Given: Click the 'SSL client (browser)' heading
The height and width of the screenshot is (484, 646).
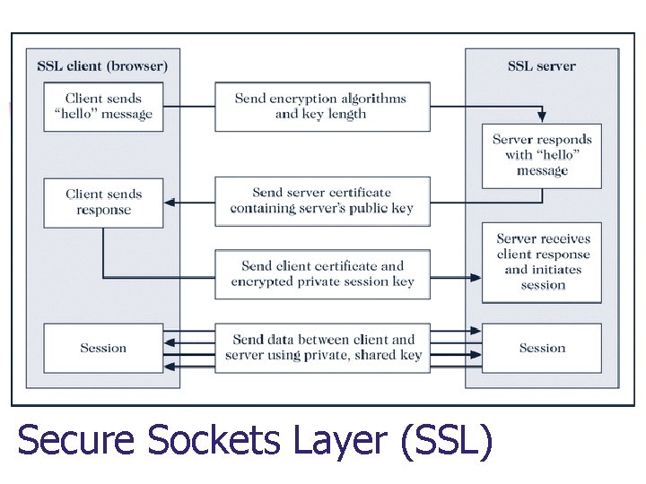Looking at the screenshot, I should (x=102, y=65).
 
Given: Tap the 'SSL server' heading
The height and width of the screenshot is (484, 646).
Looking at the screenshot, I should (x=541, y=65).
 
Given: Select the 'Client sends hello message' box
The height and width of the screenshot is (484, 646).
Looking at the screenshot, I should (x=103, y=107).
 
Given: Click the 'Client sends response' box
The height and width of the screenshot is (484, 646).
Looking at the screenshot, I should (x=103, y=202).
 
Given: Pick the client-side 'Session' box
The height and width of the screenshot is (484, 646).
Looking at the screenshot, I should (x=103, y=348).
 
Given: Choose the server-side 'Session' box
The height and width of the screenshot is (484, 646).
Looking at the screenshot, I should (x=542, y=348).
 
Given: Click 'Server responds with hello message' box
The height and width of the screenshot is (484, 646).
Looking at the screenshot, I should (x=542, y=155).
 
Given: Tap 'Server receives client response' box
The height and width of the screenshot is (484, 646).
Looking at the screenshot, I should (x=542, y=262).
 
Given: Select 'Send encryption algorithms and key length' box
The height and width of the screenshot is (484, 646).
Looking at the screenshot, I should (x=320, y=107).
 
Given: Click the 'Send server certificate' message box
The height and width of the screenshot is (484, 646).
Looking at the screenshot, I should (x=321, y=201).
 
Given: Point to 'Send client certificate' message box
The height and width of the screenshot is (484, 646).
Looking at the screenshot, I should (x=322, y=273).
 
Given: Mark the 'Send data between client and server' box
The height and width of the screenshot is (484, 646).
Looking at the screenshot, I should (x=322, y=347).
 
